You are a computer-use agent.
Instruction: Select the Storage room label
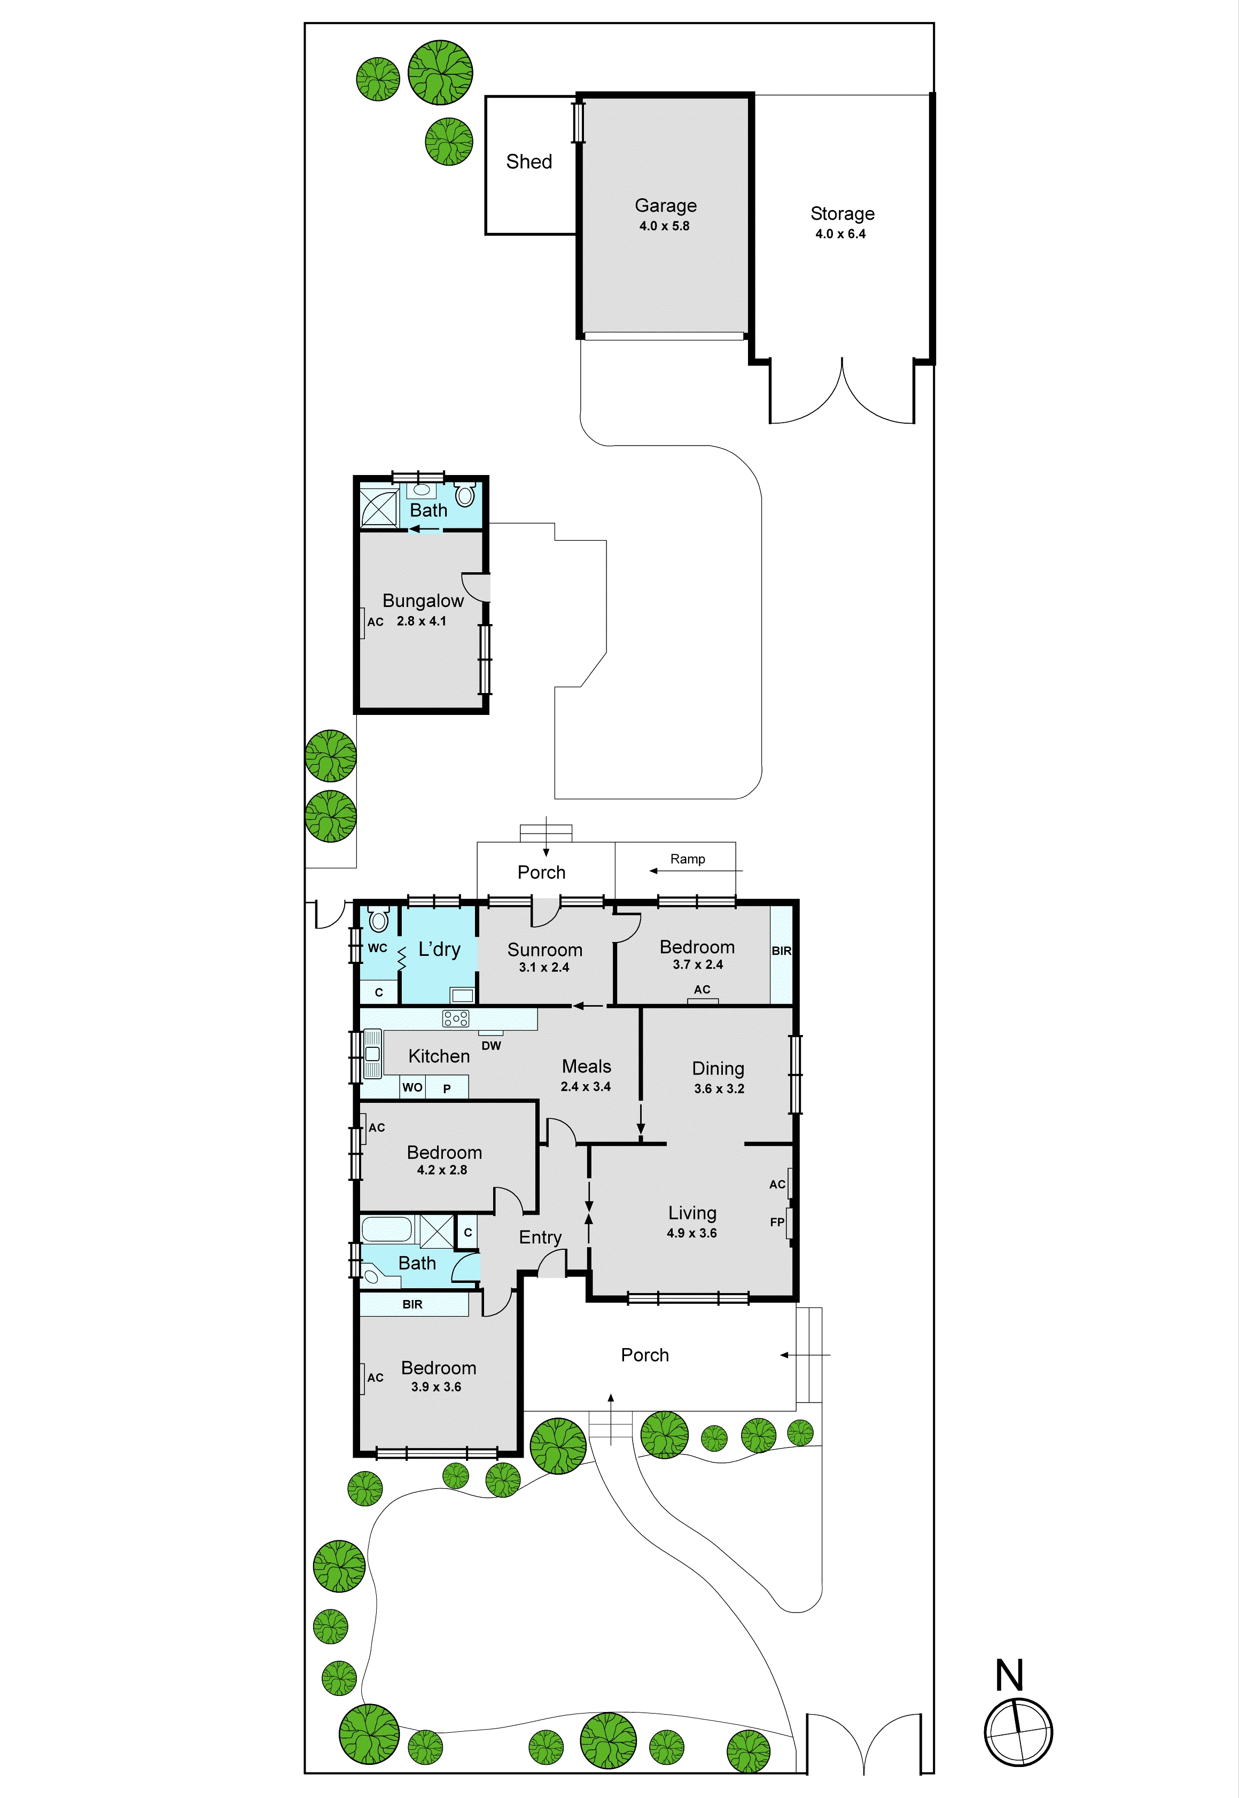[x=843, y=214]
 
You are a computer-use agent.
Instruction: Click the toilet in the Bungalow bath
[x=465, y=495]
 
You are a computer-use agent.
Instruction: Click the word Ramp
[x=688, y=859]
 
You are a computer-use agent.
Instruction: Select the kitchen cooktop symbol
[x=456, y=1018]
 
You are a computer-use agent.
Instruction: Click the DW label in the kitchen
[x=492, y=1046]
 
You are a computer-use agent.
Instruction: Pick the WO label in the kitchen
[x=412, y=1087]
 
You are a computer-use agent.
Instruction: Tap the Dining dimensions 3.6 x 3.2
[x=719, y=1088]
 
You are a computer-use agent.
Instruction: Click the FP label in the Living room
[x=776, y=1222]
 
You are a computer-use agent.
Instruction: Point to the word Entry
[x=540, y=1237]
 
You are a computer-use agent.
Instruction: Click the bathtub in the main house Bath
[x=387, y=1229]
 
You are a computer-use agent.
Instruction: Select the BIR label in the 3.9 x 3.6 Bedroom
[x=412, y=1304]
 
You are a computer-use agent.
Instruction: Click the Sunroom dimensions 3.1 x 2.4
[x=544, y=967]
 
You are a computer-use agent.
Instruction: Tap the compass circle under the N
[x=1018, y=1732]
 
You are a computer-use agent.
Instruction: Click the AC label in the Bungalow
[x=375, y=622]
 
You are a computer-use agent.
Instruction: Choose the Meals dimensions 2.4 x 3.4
[x=586, y=1086]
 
